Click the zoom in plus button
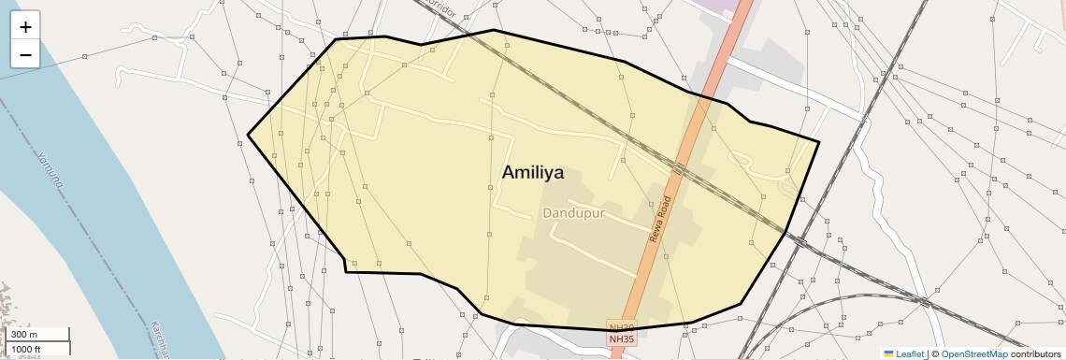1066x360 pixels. (x=25, y=28)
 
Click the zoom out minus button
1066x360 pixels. (x=25, y=55)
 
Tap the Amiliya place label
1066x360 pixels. (x=533, y=172)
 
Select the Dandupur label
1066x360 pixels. (x=574, y=213)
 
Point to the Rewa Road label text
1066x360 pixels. (x=661, y=220)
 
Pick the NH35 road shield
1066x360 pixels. (x=620, y=338)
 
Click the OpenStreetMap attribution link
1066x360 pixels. (x=973, y=353)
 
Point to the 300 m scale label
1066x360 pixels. (x=24, y=335)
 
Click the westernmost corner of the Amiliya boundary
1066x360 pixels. (x=248, y=136)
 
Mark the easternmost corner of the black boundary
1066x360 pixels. (x=818, y=142)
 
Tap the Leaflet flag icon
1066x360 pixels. (x=888, y=353)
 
